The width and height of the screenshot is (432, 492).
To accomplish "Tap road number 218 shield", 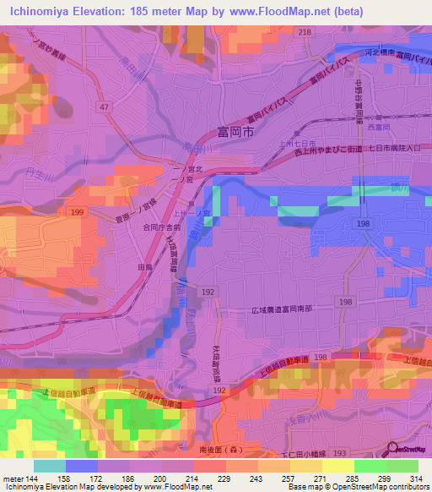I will coord(304,32).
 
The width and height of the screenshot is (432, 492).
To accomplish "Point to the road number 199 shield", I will coord(78,211).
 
